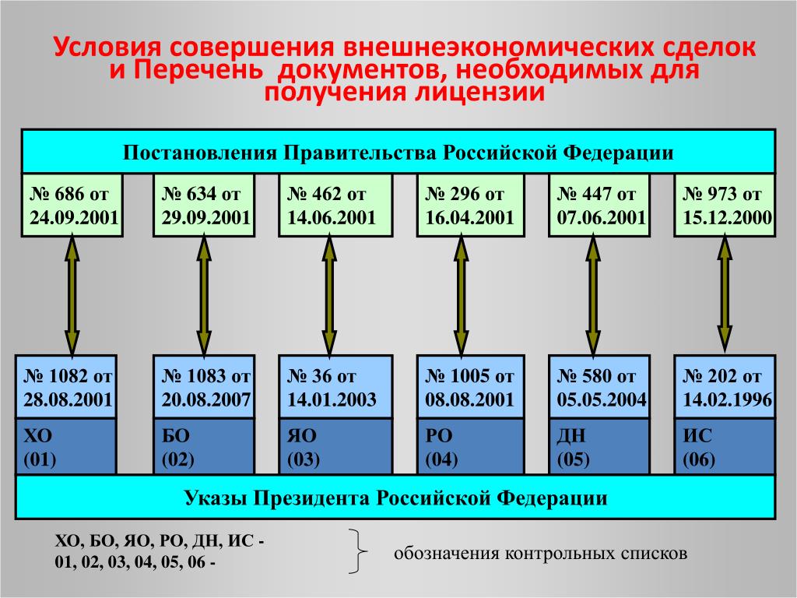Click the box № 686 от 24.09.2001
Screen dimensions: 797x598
72,205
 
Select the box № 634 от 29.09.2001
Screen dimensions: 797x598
204,205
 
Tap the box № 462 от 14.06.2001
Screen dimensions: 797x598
335,205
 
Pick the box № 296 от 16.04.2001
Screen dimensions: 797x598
470,205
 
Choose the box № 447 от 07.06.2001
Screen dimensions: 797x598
599,205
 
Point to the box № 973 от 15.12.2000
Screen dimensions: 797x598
725,205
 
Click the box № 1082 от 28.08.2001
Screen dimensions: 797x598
66,387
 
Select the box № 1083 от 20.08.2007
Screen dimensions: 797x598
204,387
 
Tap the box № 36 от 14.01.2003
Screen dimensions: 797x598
335,387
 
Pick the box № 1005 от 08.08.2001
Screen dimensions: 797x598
470,387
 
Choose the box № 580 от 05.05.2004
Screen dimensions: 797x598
599,387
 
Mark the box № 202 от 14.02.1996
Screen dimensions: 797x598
725,387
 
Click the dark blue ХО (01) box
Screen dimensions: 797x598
66,446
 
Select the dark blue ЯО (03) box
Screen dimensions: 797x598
335,446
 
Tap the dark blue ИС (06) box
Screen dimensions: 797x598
725,446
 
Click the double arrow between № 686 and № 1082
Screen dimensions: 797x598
72,296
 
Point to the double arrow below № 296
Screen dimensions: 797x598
461,296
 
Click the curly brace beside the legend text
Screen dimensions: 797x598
358,551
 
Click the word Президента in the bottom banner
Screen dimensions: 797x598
311,498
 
